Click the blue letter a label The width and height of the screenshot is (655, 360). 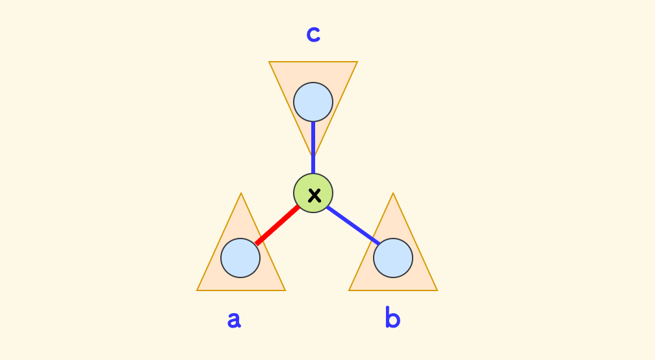click(234, 319)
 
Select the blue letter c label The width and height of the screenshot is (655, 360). click(313, 34)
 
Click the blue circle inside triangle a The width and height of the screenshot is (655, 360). click(240, 258)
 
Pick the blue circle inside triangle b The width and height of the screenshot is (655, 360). click(393, 258)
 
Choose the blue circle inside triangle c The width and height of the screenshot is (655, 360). click(313, 102)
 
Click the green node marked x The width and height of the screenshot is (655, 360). click(313, 194)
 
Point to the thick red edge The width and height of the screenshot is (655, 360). click(278, 225)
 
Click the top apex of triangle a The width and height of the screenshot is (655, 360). click(241, 194)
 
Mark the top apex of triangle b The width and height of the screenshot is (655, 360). click(393, 194)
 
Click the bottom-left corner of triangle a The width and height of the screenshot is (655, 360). click(198, 290)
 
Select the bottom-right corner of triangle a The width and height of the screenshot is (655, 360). click(285, 290)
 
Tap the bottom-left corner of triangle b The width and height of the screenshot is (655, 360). click(350, 290)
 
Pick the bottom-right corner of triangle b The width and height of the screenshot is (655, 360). click(437, 290)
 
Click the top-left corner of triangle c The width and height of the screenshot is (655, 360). click(270, 62)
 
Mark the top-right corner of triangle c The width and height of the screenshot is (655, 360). click(357, 62)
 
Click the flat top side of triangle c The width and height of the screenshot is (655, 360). click(313, 62)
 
